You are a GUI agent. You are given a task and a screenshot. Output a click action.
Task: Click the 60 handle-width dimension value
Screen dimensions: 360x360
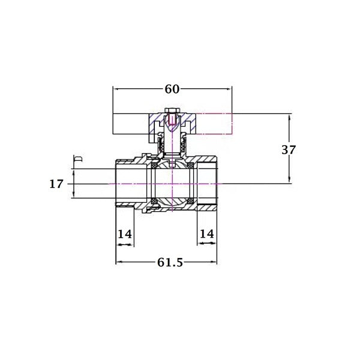click(172, 89)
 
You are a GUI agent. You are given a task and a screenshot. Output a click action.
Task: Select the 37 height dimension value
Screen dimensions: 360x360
click(289, 150)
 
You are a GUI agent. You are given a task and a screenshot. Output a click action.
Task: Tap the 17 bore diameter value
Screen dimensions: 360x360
click(56, 184)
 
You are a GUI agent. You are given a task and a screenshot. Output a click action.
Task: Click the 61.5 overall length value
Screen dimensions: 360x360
click(170, 262)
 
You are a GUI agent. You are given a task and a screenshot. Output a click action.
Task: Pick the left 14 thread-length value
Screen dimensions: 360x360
click(125, 234)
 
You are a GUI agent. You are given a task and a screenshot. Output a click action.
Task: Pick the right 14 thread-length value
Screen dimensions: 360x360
click(207, 234)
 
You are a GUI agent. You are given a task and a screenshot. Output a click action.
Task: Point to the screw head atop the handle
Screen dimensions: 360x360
click(172, 110)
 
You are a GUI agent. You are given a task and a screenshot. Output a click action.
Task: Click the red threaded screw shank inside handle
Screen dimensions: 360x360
click(172, 119)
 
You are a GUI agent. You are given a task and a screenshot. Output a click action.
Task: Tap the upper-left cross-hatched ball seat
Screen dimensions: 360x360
click(154, 166)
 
